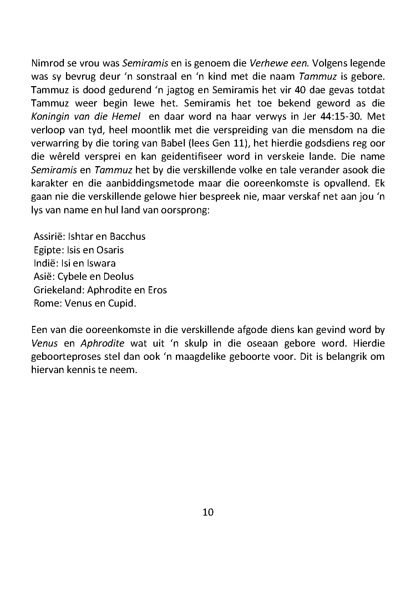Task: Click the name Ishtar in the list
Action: pos(76,237)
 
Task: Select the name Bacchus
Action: pos(127,237)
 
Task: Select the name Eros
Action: pos(157,290)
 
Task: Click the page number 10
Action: pos(208,512)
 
